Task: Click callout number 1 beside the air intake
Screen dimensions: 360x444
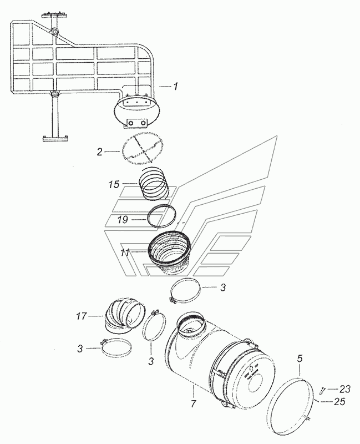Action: [175, 86]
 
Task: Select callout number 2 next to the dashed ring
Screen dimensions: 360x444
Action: [99, 152]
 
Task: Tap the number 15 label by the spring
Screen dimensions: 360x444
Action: [114, 185]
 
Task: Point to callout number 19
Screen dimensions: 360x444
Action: [123, 219]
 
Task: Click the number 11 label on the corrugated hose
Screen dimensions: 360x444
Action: [125, 252]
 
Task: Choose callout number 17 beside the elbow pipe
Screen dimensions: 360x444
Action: [81, 316]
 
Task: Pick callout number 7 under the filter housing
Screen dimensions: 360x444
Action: [193, 403]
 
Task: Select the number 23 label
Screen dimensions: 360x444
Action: [344, 390]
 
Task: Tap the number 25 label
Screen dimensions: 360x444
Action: [339, 401]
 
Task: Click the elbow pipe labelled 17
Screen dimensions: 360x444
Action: [124, 315]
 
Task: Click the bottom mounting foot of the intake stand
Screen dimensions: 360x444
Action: [54, 139]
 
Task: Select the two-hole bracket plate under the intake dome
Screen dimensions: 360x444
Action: [137, 123]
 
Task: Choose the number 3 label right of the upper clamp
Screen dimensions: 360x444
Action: [223, 287]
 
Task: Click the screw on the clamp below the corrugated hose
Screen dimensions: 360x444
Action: [172, 299]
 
